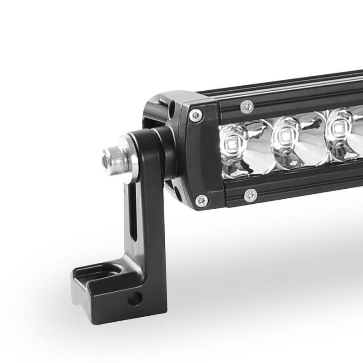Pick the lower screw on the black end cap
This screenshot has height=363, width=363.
click(x=200, y=200)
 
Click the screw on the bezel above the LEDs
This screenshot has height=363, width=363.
click(x=247, y=106)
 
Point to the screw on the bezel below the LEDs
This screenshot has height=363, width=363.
click(x=250, y=195)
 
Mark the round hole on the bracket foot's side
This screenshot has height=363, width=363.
click(x=133, y=298)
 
